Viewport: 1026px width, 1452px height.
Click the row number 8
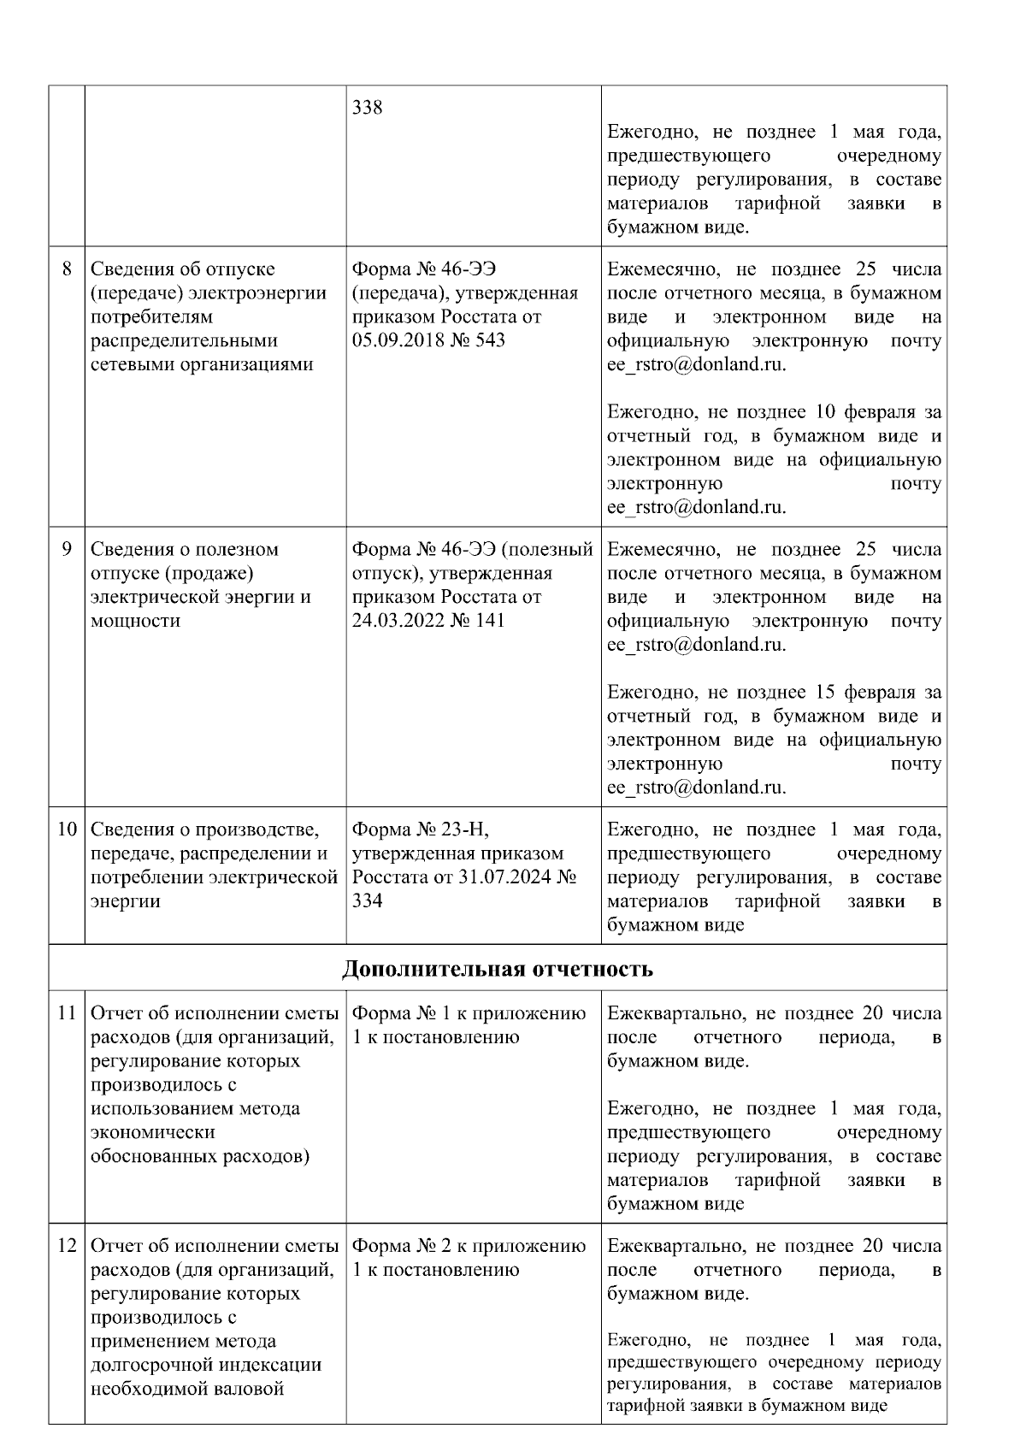tap(67, 269)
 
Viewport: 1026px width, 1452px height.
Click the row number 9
tap(67, 549)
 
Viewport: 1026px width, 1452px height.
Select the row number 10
tap(67, 829)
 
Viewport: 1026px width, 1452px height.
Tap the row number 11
tap(67, 1014)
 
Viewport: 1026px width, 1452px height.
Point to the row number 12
tap(67, 1246)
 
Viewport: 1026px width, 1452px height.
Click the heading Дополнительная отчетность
tap(498, 969)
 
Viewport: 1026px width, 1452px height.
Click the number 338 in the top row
tap(368, 109)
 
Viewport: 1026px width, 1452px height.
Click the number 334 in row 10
tap(368, 901)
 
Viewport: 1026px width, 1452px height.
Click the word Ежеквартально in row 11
tap(675, 1014)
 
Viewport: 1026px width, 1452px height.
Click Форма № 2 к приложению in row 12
tap(469, 1246)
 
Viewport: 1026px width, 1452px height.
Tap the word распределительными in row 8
tap(184, 340)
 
